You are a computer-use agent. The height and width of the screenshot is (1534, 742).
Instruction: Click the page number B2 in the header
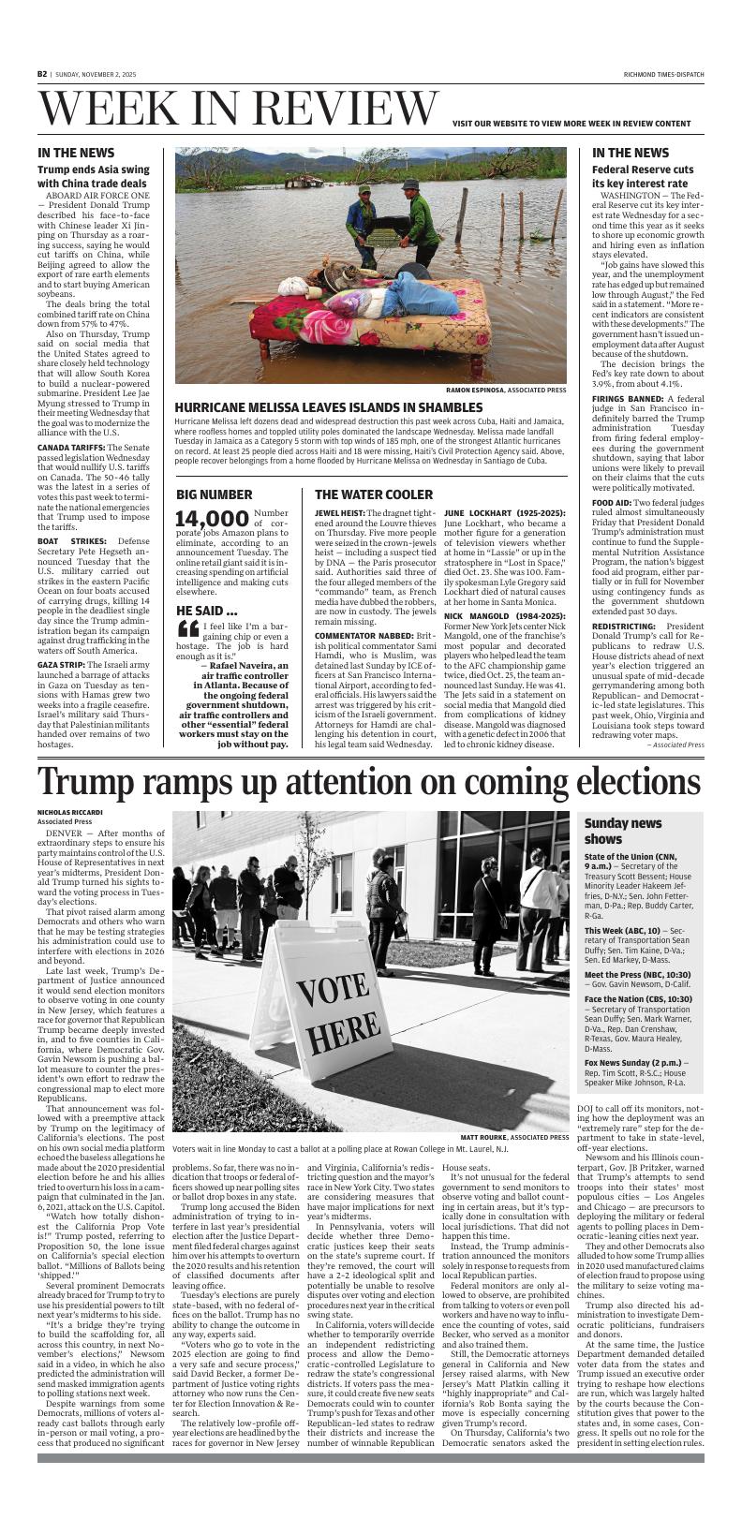[42, 74]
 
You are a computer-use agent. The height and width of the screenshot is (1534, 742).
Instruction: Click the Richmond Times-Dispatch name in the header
[663, 74]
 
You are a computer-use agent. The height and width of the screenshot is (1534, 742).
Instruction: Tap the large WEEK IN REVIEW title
[238, 111]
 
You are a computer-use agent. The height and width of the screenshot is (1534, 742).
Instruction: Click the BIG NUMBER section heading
[214, 494]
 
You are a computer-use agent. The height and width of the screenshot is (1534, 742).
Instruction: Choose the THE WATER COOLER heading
[374, 494]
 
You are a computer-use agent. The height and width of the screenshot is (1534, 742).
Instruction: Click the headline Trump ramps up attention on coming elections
[370, 780]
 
